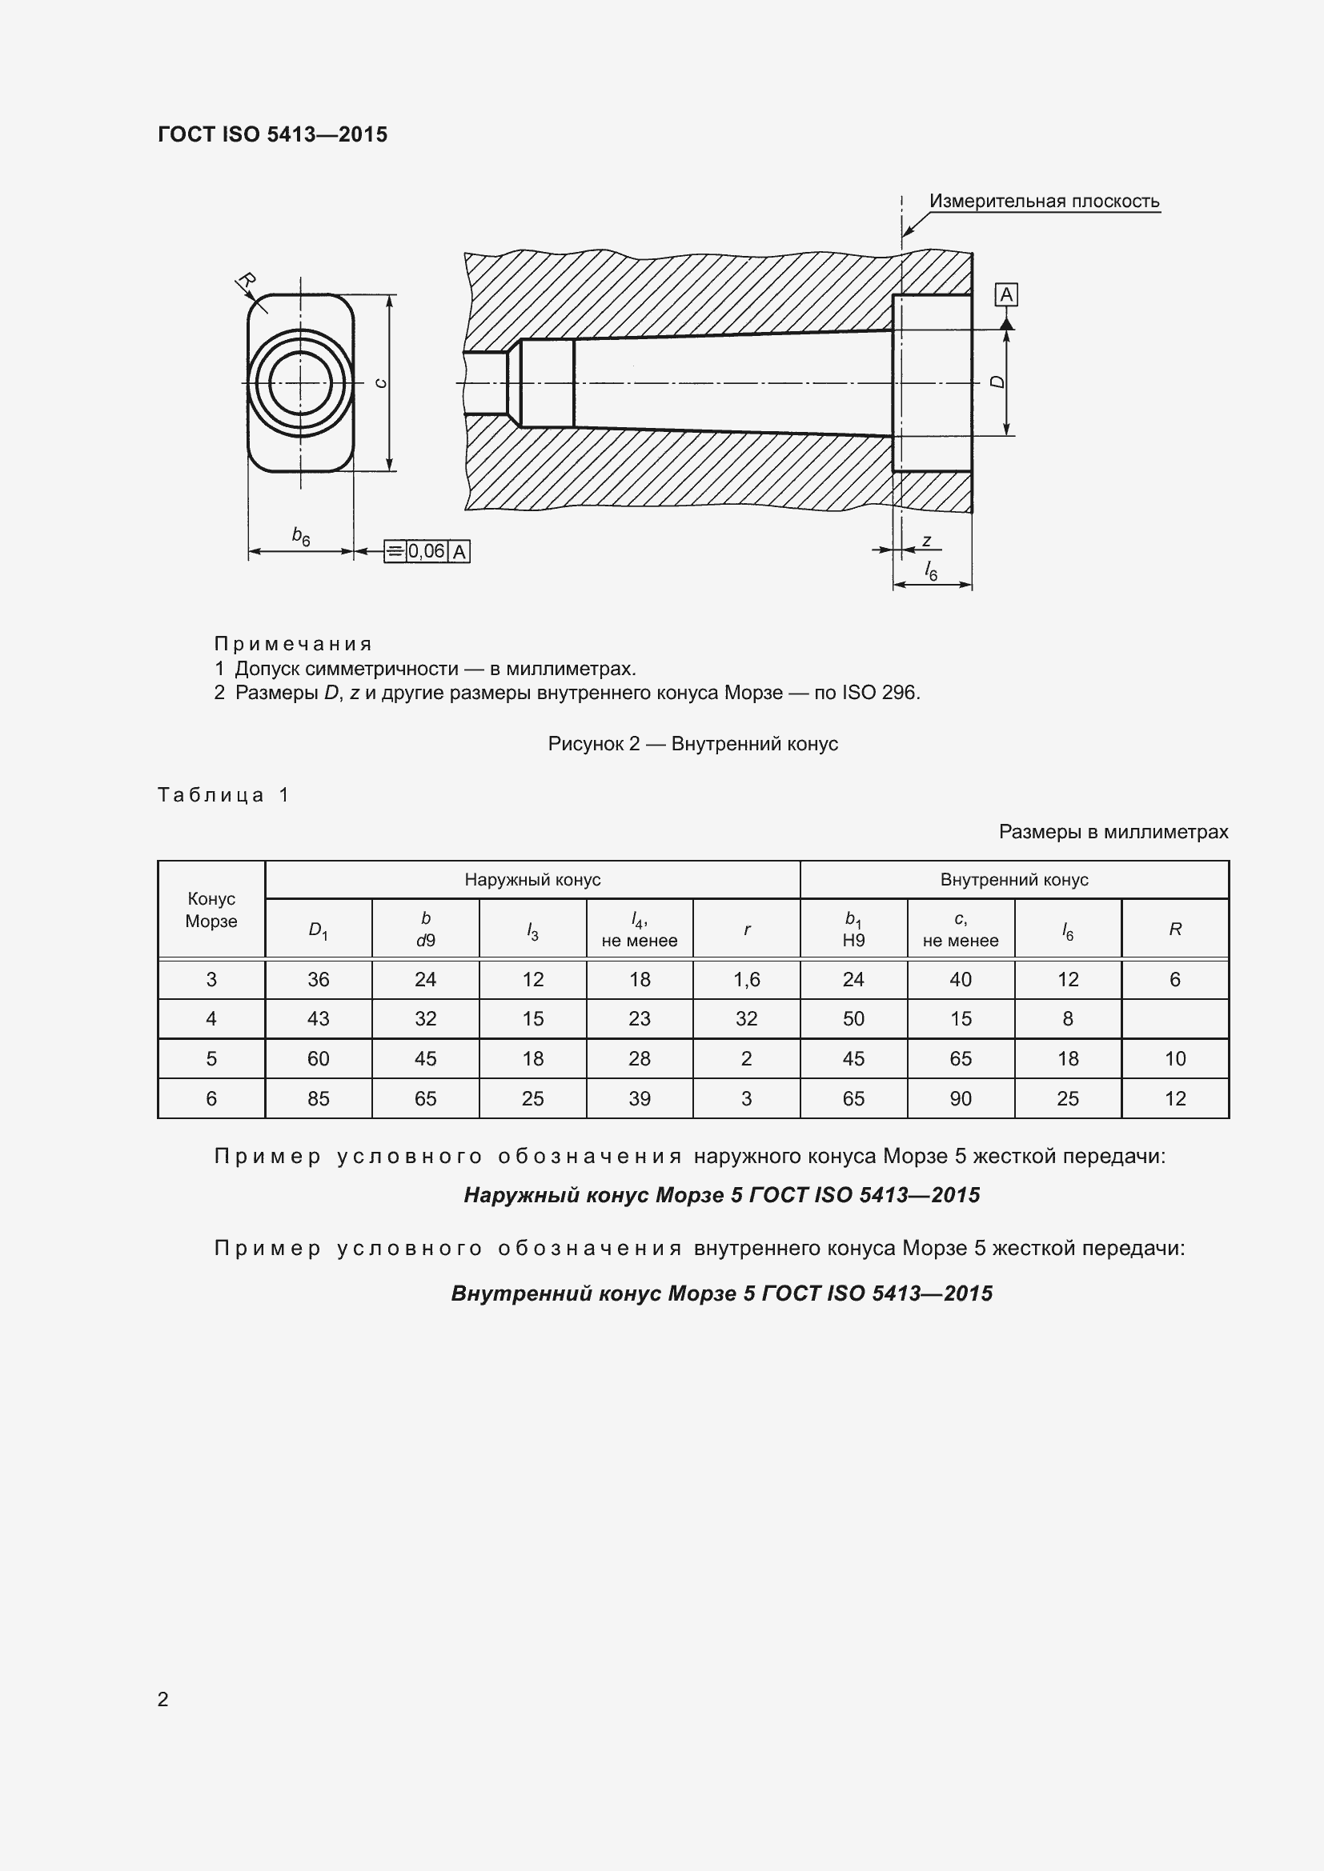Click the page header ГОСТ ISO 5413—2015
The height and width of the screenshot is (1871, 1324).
point(272,134)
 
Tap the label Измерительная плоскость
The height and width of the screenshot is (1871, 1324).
point(1044,202)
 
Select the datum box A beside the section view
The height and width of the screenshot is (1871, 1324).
point(1006,295)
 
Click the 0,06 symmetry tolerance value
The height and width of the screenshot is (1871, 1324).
point(427,552)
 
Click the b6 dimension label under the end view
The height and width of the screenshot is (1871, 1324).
point(301,536)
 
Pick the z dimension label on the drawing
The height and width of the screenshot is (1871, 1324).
point(927,541)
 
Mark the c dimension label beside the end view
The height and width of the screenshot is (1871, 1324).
point(381,383)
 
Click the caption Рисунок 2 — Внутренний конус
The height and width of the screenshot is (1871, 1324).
point(692,743)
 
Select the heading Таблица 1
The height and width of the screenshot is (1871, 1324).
point(223,794)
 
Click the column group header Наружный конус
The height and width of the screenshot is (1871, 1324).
point(532,880)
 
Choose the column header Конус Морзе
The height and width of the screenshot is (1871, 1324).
point(211,910)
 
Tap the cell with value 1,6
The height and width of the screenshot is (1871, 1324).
point(746,980)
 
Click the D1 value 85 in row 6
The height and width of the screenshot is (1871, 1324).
point(318,1098)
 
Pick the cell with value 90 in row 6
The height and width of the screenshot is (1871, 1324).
point(961,1098)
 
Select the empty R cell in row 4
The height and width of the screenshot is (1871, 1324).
point(1175,1018)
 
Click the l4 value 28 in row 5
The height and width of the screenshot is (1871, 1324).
point(639,1058)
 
